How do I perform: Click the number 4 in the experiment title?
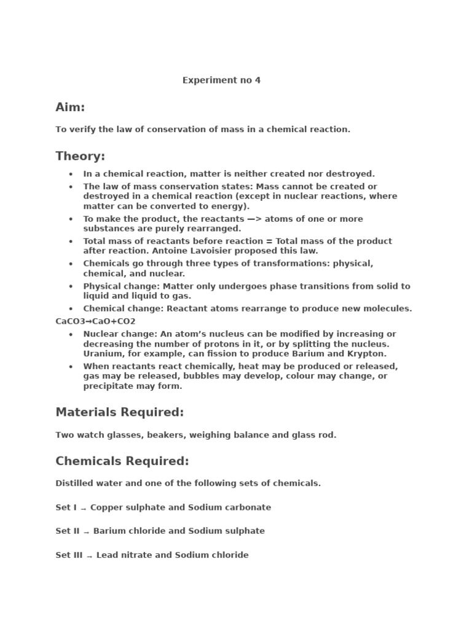[258, 80]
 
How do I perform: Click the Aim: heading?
[70, 107]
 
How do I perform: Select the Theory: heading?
[80, 156]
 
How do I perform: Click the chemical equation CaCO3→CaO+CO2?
[95, 321]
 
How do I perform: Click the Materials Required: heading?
[119, 412]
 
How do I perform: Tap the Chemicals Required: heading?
[122, 461]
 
